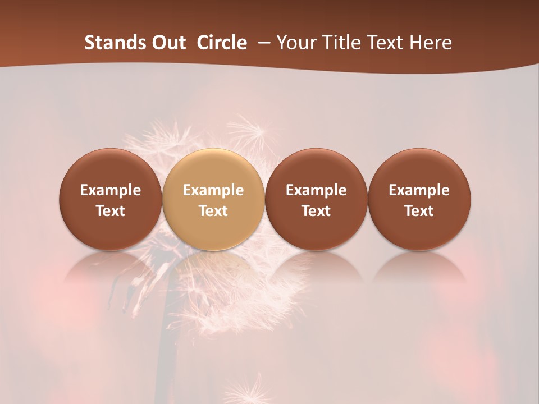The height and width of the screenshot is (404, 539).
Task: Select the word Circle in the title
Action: [x=222, y=43]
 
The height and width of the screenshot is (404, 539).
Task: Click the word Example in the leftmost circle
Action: [x=111, y=190]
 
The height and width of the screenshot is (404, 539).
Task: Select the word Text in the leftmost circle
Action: [x=111, y=211]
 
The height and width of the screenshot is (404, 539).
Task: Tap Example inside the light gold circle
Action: [x=213, y=190]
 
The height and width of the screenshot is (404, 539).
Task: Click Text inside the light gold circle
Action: [x=213, y=211]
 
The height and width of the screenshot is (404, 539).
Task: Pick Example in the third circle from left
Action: [x=316, y=190]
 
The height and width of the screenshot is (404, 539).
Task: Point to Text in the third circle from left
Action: [x=316, y=211]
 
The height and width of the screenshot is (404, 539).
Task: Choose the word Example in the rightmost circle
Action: [x=419, y=190]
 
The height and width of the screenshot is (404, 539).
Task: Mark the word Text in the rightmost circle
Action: [x=419, y=211]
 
